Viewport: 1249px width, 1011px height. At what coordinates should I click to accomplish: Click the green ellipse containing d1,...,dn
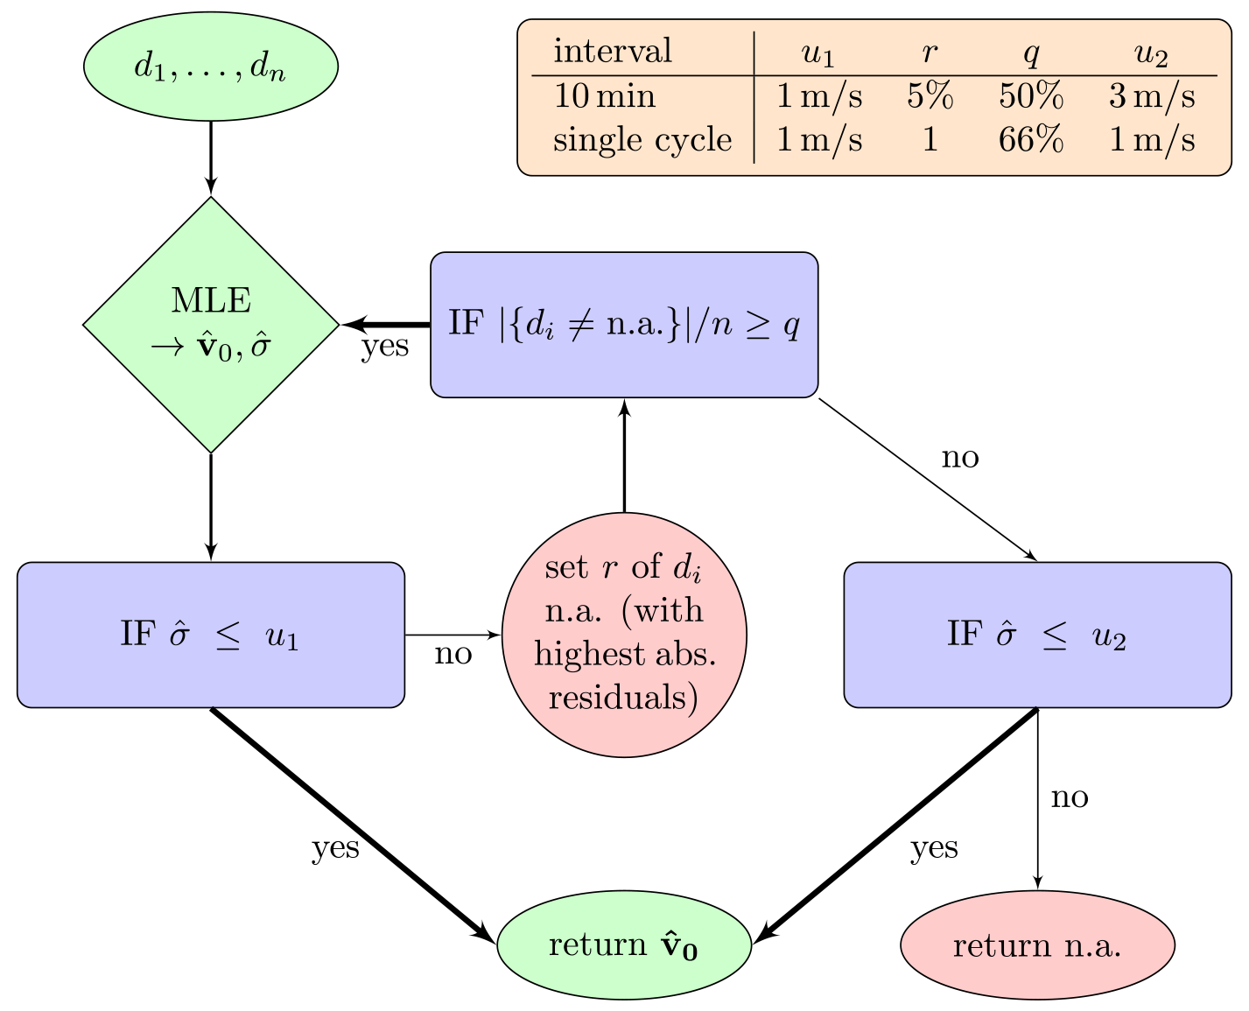211,67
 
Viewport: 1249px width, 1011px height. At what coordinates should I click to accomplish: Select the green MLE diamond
211,324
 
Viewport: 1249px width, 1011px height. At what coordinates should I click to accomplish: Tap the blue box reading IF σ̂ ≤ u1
211,635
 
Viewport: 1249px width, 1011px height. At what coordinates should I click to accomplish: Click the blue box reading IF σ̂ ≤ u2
1037,635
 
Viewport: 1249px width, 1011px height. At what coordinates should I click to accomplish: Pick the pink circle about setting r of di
624,635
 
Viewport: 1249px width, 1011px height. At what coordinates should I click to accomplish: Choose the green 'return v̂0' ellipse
624,945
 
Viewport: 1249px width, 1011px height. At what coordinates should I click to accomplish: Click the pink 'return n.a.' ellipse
1037,945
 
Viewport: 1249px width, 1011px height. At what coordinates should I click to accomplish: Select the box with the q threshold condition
624,324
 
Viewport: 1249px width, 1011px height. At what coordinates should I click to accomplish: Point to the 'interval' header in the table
613,52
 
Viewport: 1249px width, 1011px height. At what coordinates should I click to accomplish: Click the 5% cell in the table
930,96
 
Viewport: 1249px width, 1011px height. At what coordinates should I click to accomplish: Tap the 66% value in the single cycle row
1031,140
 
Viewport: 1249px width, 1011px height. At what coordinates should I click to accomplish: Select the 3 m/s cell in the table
1151,96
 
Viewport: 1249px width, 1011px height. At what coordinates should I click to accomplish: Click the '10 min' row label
604,96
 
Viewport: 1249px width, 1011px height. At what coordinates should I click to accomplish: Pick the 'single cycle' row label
642,140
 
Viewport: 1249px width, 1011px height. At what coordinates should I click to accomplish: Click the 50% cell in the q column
1031,96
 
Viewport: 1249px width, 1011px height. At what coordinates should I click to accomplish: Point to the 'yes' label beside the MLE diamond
385,346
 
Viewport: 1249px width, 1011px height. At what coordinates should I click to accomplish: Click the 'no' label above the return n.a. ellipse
1070,797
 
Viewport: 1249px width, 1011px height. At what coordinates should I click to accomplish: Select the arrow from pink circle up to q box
624,455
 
